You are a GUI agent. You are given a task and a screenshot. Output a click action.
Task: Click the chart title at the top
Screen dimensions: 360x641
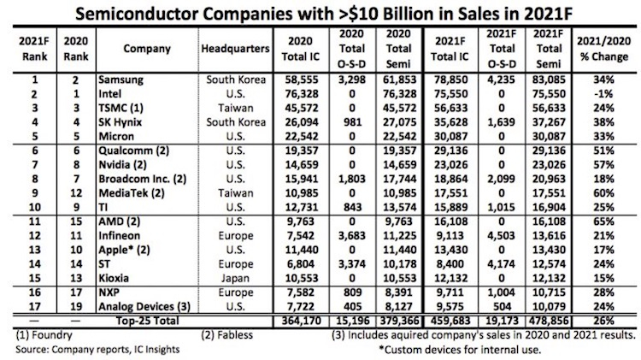click(320, 14)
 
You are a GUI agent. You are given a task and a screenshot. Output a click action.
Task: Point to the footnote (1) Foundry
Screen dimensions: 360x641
click(39, 335)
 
